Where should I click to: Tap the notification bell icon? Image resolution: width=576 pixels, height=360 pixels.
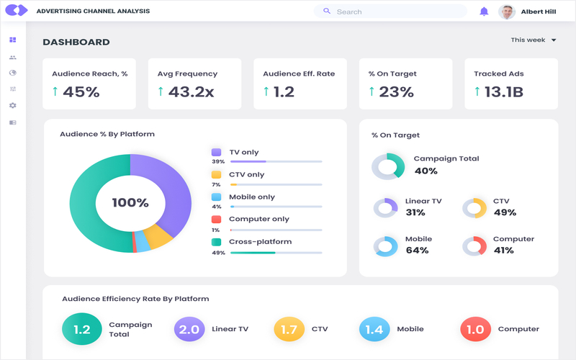[x=484, y=12]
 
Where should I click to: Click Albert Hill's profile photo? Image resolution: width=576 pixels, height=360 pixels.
[x=507, y=12]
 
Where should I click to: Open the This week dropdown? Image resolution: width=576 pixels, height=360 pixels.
[x=534, y=40]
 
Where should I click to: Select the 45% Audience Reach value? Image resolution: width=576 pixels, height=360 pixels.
[x=81, y=91]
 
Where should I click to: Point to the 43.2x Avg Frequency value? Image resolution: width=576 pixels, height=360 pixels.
[x=191, y=91]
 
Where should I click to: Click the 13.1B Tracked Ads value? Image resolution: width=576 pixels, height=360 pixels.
[x=503, y=91]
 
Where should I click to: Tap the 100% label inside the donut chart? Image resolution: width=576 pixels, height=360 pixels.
[x=130, y=203]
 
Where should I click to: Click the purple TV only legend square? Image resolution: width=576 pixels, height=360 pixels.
[x=216, y=153]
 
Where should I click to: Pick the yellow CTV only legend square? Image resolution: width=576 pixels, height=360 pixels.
[x=216, y=175]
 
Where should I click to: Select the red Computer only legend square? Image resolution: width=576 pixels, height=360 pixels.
[x=216, y=220]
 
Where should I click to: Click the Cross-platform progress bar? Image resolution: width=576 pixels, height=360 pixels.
[x=276, y=253]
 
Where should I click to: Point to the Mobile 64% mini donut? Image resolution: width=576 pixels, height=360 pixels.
[x=386, y=246]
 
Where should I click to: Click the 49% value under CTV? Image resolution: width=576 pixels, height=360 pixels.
[x=505, y=212]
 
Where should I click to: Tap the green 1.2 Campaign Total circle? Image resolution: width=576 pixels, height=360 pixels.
[x=82, y=329]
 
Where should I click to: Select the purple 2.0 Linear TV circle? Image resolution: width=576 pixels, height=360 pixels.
[x=189, y=330]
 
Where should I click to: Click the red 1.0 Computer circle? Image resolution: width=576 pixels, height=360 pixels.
[x=475, y=330]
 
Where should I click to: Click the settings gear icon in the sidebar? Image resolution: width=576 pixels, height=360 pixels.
[x=13, y=106]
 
